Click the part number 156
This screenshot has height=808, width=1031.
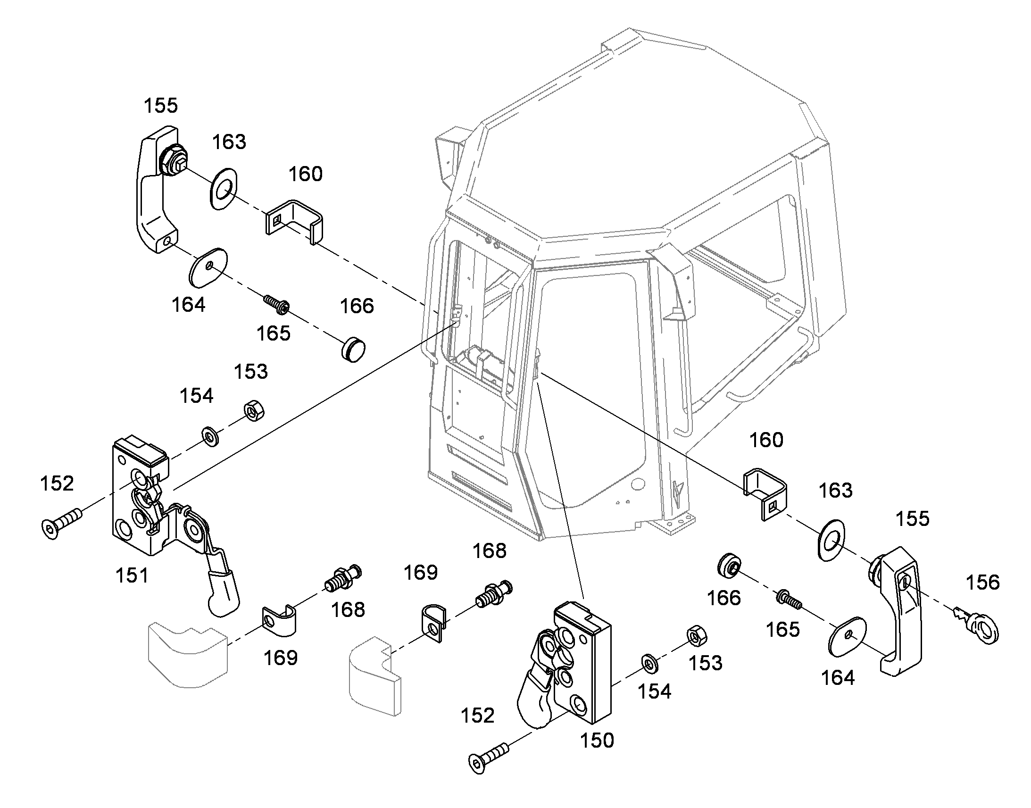pyautogui.click(x=982, y=583)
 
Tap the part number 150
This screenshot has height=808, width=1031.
pyautogui.click(x=597, y=741)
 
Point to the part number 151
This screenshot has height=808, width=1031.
pyautogui.click(x=132, y=576)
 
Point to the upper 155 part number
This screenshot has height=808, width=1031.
pyautogui.click(x=161, y=106)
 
